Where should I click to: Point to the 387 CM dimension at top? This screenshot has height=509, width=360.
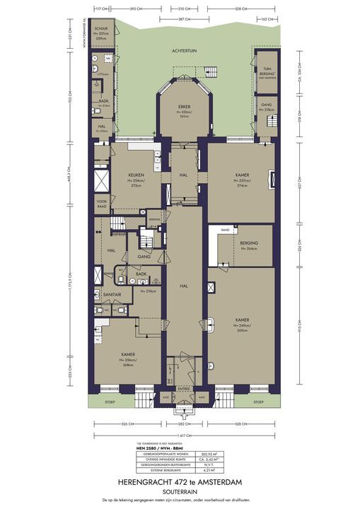coord(185,18)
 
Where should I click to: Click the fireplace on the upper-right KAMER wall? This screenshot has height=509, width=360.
coord(270,180)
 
